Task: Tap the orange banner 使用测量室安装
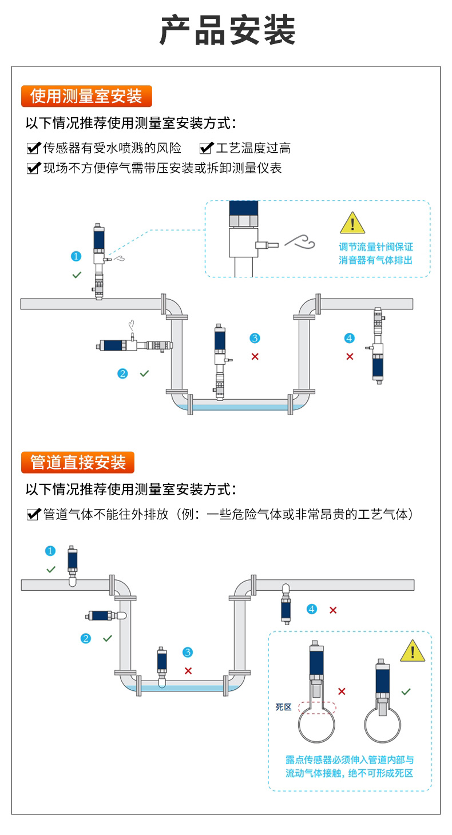pos(86,96)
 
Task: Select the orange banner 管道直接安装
pos(78,462)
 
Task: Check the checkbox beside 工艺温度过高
pos(205,149)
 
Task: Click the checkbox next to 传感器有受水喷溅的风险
pos(33,149)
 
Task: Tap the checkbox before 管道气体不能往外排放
pos(33,515)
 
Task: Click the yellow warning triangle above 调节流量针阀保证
pos(352,223)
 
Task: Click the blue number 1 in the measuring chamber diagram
pos(76,256)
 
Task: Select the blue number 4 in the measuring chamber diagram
pos(350,338)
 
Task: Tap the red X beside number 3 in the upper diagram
pos(255,356)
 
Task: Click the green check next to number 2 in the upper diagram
pos(144,373)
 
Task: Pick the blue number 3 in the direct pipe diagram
pos(188,653)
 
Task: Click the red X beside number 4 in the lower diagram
pos(333,610)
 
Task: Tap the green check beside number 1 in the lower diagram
pos(51,569)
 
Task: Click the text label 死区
pos(283,707)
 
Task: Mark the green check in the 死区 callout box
pos(406,691)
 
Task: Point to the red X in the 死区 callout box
pos(342,691)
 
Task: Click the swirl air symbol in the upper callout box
pos(300,242)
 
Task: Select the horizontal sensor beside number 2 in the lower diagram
pos(106,616)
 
